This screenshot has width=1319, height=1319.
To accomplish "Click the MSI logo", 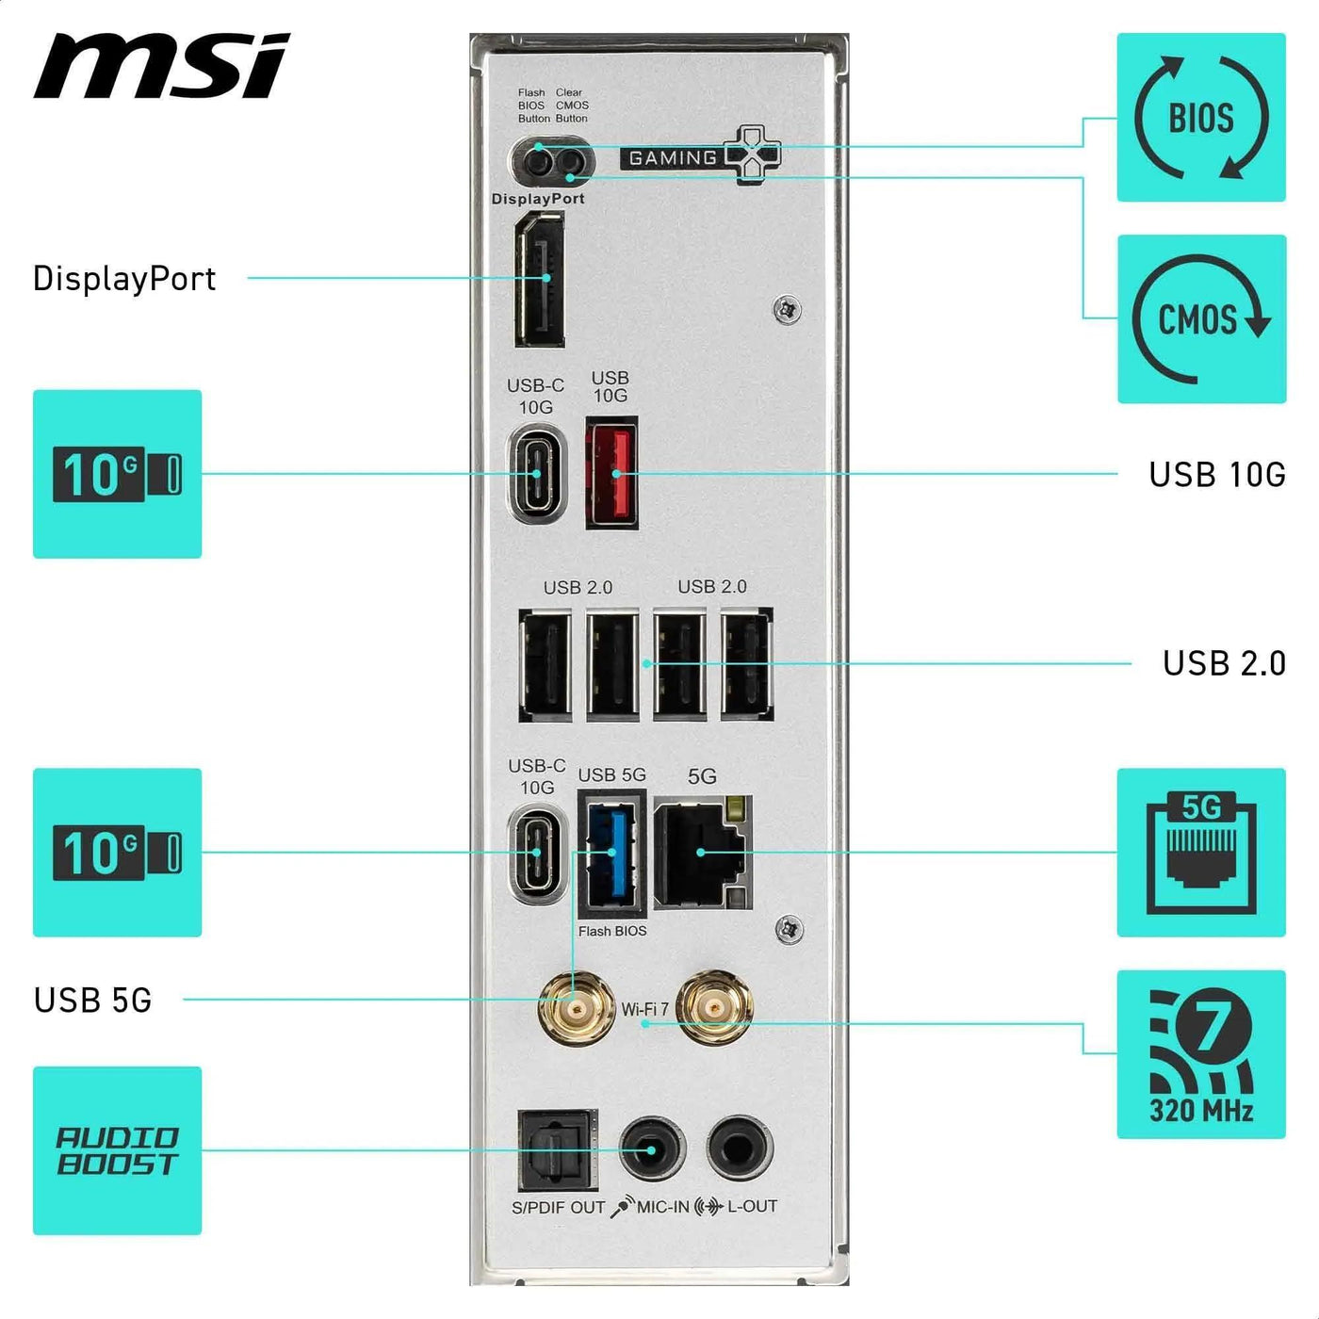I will [x=161, y=66].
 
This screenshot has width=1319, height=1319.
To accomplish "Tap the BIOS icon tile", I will [x=1201, y=118].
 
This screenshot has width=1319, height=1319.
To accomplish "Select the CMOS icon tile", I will [x=1201, y=319].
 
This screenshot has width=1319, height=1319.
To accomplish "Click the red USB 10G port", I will [x=611, y=472].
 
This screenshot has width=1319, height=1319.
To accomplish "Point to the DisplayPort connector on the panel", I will [x=540, y=280].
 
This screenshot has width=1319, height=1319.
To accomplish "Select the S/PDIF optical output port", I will [x=558, y=1150].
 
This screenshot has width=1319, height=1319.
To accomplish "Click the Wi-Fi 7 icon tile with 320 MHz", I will [x=1201, y=1054].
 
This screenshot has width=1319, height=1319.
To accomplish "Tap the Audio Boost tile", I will [x=118, y=1150].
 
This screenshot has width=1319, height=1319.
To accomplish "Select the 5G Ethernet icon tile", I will [x=1201, y=853].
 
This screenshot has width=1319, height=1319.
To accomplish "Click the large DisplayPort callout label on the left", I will [x=124, y=279].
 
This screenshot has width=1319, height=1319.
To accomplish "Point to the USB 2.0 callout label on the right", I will [x=1224, y=663].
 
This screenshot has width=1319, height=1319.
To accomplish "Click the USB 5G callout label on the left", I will [x=92, y=1000].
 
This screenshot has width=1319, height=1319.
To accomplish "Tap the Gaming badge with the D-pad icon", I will [x=702, y=155].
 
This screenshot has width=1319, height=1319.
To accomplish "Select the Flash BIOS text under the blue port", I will [x=612, y=931].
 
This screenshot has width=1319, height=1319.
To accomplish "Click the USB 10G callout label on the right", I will [x=1217, y=474].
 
